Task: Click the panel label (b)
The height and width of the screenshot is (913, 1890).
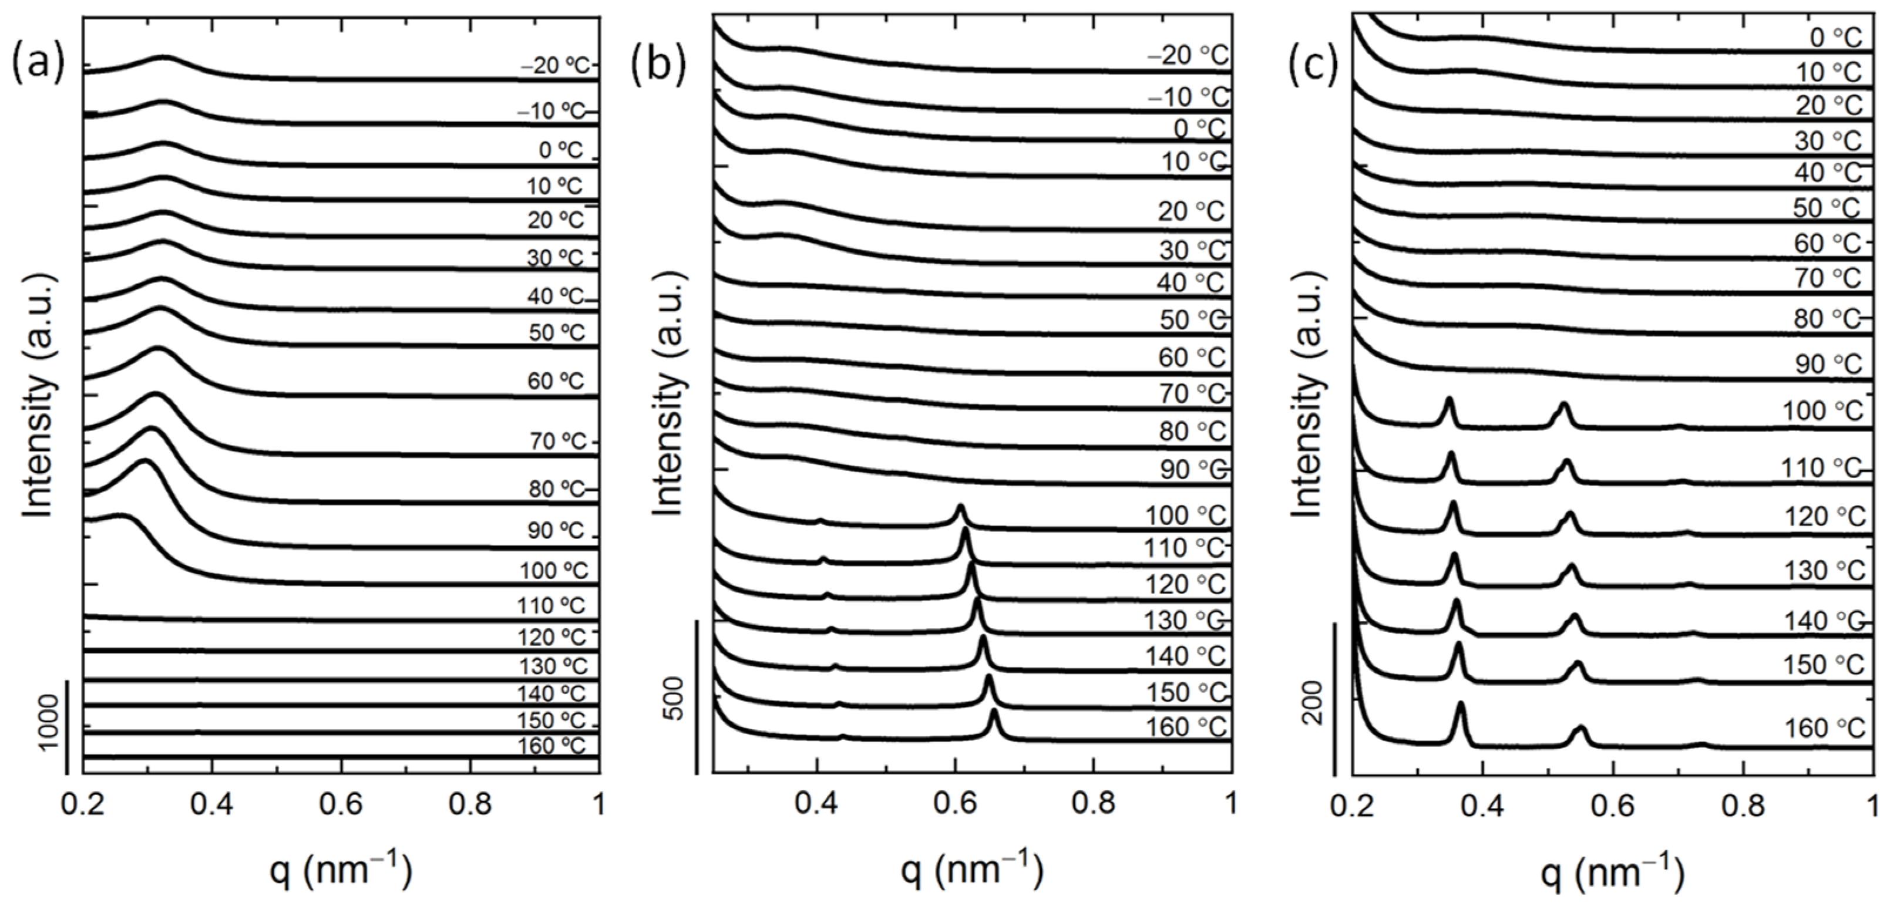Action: [x=658, y=65]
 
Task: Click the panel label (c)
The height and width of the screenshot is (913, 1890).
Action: [x=1314, y=65]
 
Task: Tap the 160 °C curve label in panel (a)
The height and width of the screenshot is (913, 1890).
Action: [x=551, y=746]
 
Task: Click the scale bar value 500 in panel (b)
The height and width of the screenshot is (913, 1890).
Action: [x=677, y=700]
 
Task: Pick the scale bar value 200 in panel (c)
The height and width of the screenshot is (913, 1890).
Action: [x=1315, y=703]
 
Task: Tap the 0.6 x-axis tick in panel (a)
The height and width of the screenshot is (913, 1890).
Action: [x=341, y=804]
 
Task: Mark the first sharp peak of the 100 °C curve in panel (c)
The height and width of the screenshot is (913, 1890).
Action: [x=1449, y=400]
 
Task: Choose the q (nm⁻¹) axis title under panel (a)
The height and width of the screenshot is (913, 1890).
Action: [x=341, y=871]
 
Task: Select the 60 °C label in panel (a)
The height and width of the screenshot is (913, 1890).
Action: [x=556, y=381]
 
